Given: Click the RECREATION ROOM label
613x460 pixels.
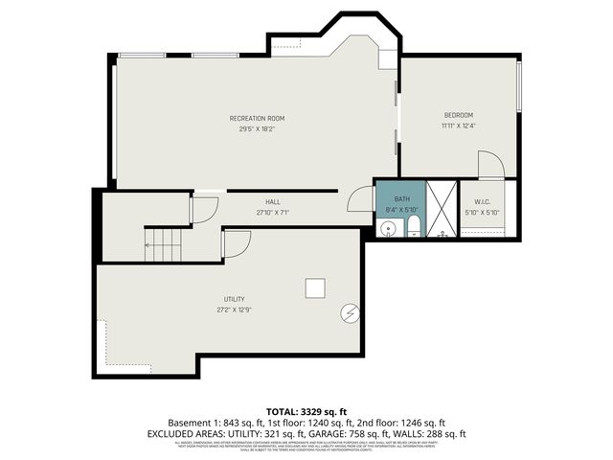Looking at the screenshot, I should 257,118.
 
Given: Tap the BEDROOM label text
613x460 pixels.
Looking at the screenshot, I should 458,115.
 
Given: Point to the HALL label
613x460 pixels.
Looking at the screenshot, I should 273,202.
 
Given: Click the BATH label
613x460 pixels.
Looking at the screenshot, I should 401,198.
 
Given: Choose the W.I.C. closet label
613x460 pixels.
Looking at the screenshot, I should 482,201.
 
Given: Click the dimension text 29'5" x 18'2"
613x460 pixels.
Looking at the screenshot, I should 257,128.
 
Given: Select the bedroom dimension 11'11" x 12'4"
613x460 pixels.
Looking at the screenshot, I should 458,126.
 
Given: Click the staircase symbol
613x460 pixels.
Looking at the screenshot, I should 163,244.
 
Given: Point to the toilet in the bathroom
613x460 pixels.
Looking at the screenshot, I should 414,226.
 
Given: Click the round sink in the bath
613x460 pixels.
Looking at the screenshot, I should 388,228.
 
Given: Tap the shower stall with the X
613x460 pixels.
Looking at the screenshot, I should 442,209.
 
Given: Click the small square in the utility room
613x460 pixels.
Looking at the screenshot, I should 314,287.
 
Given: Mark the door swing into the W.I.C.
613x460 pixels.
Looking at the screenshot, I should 489,165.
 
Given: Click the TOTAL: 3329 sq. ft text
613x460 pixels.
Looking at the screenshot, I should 306,410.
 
